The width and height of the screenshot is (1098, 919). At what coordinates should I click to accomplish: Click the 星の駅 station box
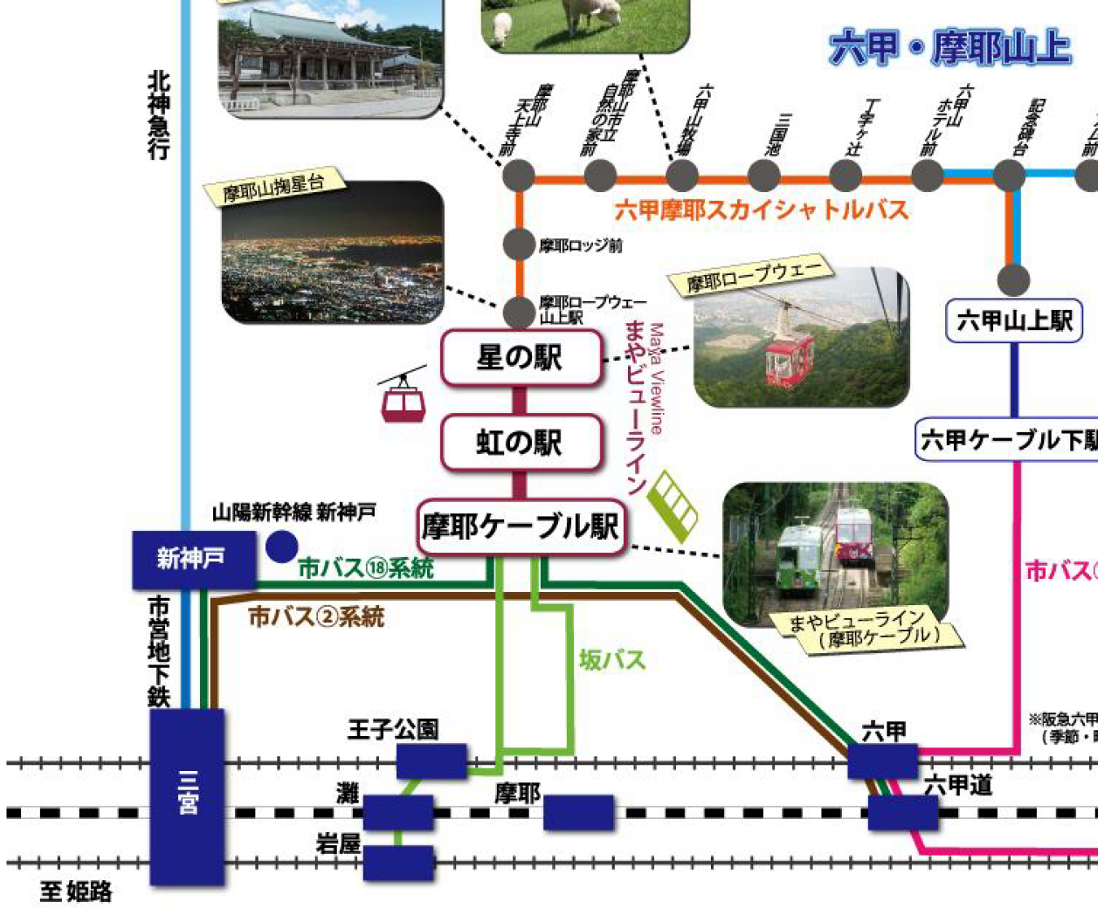click(521, 357)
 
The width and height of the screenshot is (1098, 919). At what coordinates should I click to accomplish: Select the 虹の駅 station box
click(521, 442)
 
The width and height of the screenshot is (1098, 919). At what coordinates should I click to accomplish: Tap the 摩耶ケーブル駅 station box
click(521, 527)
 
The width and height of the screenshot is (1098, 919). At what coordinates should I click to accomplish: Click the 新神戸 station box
click(193, 559)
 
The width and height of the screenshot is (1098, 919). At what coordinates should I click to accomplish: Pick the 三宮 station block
click(187, 797)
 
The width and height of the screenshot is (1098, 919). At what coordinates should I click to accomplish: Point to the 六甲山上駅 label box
click(1014, 320)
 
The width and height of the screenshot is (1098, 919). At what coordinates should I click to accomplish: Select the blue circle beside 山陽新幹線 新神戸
click(281, 547)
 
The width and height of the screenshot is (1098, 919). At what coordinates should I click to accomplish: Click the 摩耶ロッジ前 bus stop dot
click(519, 244)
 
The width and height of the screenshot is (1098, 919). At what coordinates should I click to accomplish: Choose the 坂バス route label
click(612, 660)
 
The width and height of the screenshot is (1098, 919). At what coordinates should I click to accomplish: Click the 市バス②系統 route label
click(316, 616)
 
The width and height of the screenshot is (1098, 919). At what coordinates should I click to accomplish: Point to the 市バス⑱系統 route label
click(365, 568)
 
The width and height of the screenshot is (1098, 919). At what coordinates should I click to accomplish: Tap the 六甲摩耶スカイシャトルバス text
click(760, 210)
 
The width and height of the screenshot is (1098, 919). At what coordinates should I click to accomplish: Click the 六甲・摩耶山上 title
click(949, 48)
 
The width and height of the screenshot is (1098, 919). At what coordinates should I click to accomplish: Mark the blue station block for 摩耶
click(578, 812)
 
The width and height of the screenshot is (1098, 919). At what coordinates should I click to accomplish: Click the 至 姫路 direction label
click(76, 892)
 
